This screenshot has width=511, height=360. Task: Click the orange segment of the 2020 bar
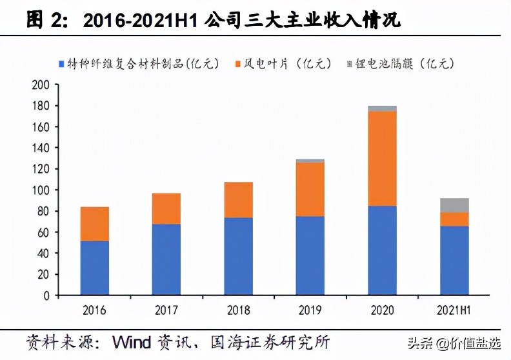382,159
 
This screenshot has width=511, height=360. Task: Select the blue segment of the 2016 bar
94,268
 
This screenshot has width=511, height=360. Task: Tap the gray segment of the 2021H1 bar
455,205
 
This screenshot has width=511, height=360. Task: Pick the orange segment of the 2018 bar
238,200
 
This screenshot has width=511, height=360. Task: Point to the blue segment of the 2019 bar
310,255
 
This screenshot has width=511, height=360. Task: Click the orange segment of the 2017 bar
166,209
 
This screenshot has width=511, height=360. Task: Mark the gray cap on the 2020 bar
382,108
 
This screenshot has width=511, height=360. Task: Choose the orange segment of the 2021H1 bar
455,219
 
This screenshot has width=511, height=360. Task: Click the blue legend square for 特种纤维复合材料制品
61,63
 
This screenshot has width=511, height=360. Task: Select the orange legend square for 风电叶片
239,63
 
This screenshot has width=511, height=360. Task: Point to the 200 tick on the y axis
41,85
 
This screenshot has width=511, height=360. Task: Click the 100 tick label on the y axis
41,190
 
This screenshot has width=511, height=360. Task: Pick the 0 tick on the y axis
45,295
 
